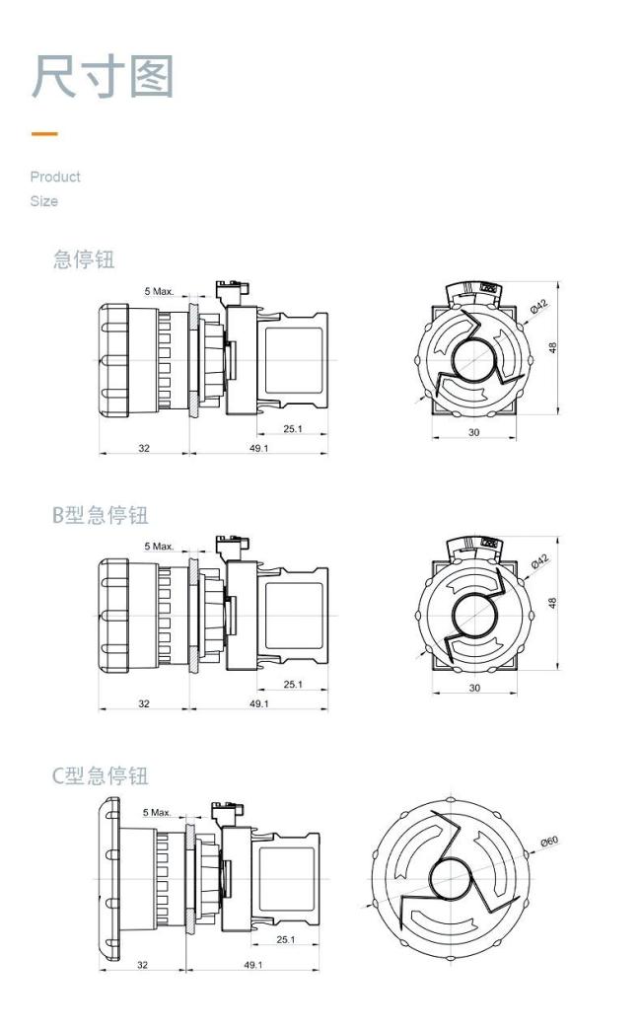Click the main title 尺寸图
(x=103, y=77)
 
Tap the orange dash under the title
(x=43, y=134)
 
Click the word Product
(x=55, y=177)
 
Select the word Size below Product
(x=43, y=201)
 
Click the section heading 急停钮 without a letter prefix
(x=84, y=259)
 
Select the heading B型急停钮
(x=100, y=515)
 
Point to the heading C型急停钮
(x=100, y=775)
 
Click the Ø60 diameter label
(x=549, y=842)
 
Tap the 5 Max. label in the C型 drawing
(x=157, y=812)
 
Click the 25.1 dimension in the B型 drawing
(x=293, y=684)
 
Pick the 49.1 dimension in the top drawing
(x=258, y=448)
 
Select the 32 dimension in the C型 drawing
(x=142, y=964)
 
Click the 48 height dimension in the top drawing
(x=553, y=348)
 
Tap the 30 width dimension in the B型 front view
(x=474, y=688)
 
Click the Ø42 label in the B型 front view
(x=538, y=562)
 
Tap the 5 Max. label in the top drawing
(x=159, y=291)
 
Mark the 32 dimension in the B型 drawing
(x=144, y=703)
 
